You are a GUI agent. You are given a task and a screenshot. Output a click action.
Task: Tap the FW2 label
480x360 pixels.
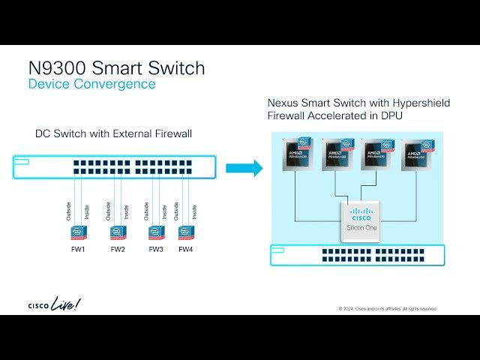click(118, 250)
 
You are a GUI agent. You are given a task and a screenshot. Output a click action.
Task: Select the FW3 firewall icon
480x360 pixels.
click(156, 232)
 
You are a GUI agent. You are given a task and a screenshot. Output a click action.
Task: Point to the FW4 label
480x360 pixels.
click(186, 250)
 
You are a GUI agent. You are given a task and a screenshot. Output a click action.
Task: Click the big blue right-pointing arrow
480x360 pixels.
click(244, 167)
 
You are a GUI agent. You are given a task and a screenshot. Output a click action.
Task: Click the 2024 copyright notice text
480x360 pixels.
click(388, 309)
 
